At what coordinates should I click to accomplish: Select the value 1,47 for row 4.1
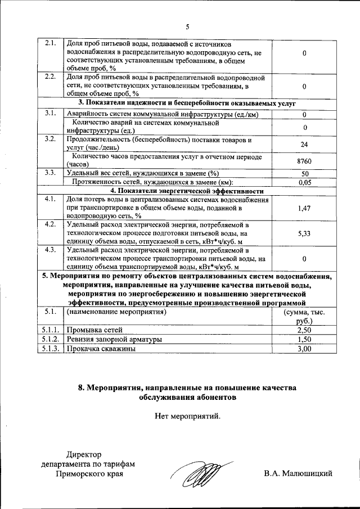pyautogui.click(x=304, y=208)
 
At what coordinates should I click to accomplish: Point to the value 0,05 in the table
pyautogui.click(x=304, y=182)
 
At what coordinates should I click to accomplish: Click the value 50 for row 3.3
pyautogui.click(x=304, y=173)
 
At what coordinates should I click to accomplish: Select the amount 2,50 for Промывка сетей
pyautogui.click(x=304, y=330)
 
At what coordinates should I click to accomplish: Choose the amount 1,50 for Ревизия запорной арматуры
pyautogui.click(x=304, y=340)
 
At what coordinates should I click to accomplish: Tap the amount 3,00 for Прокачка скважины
pyautogui.click(x=304, y=349)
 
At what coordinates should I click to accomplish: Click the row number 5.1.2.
pyautogui.click(x=50, y=340)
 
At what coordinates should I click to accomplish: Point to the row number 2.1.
pyautogui.click(x=50, y=43)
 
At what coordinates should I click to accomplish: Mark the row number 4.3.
pyautogui.click(x=50, y=249)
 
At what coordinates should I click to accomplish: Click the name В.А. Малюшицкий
pyautogui.click(x=298, y=474)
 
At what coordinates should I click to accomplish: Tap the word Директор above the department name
pyautogui.click(x=85, y=454)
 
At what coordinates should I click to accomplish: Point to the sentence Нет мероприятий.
pyautogui.click(x=188, y=417)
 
